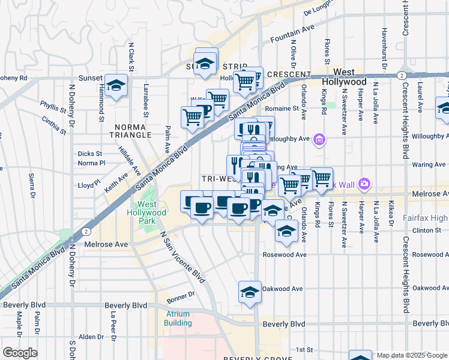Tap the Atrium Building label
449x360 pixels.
tap(178, 319)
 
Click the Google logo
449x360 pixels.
tap(20, 353)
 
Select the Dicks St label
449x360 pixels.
tap(89, 154)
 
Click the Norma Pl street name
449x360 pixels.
tap(91, 163)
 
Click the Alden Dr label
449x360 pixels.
tap(92, 337)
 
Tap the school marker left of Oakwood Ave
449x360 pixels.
tap(250, 291)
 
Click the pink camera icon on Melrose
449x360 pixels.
tap(364, 184)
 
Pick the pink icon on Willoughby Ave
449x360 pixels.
tap(319, 140)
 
